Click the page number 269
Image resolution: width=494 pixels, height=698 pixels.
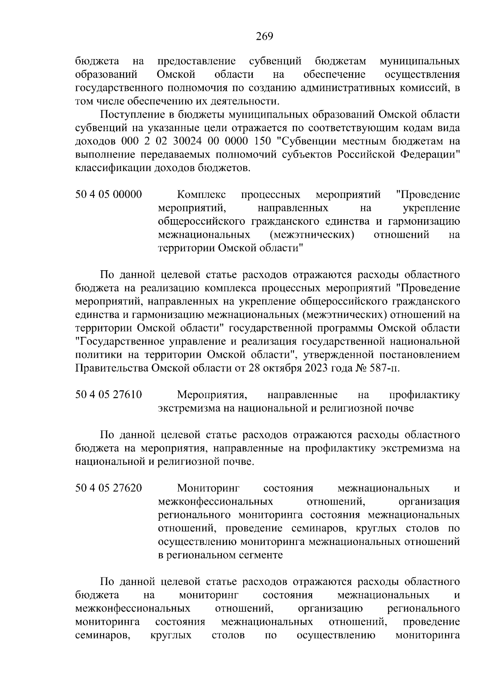(264, 37)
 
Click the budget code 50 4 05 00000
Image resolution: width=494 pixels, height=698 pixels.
(109, 194)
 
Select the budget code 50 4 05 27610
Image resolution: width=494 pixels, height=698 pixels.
(109, 395)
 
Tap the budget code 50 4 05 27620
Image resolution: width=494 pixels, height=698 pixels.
(109, 488)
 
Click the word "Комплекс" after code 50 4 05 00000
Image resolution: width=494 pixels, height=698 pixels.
(202, 194)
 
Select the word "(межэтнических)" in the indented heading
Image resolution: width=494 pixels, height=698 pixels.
(312, 234)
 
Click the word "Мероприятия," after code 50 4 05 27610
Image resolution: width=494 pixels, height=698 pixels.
(212, 395)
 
